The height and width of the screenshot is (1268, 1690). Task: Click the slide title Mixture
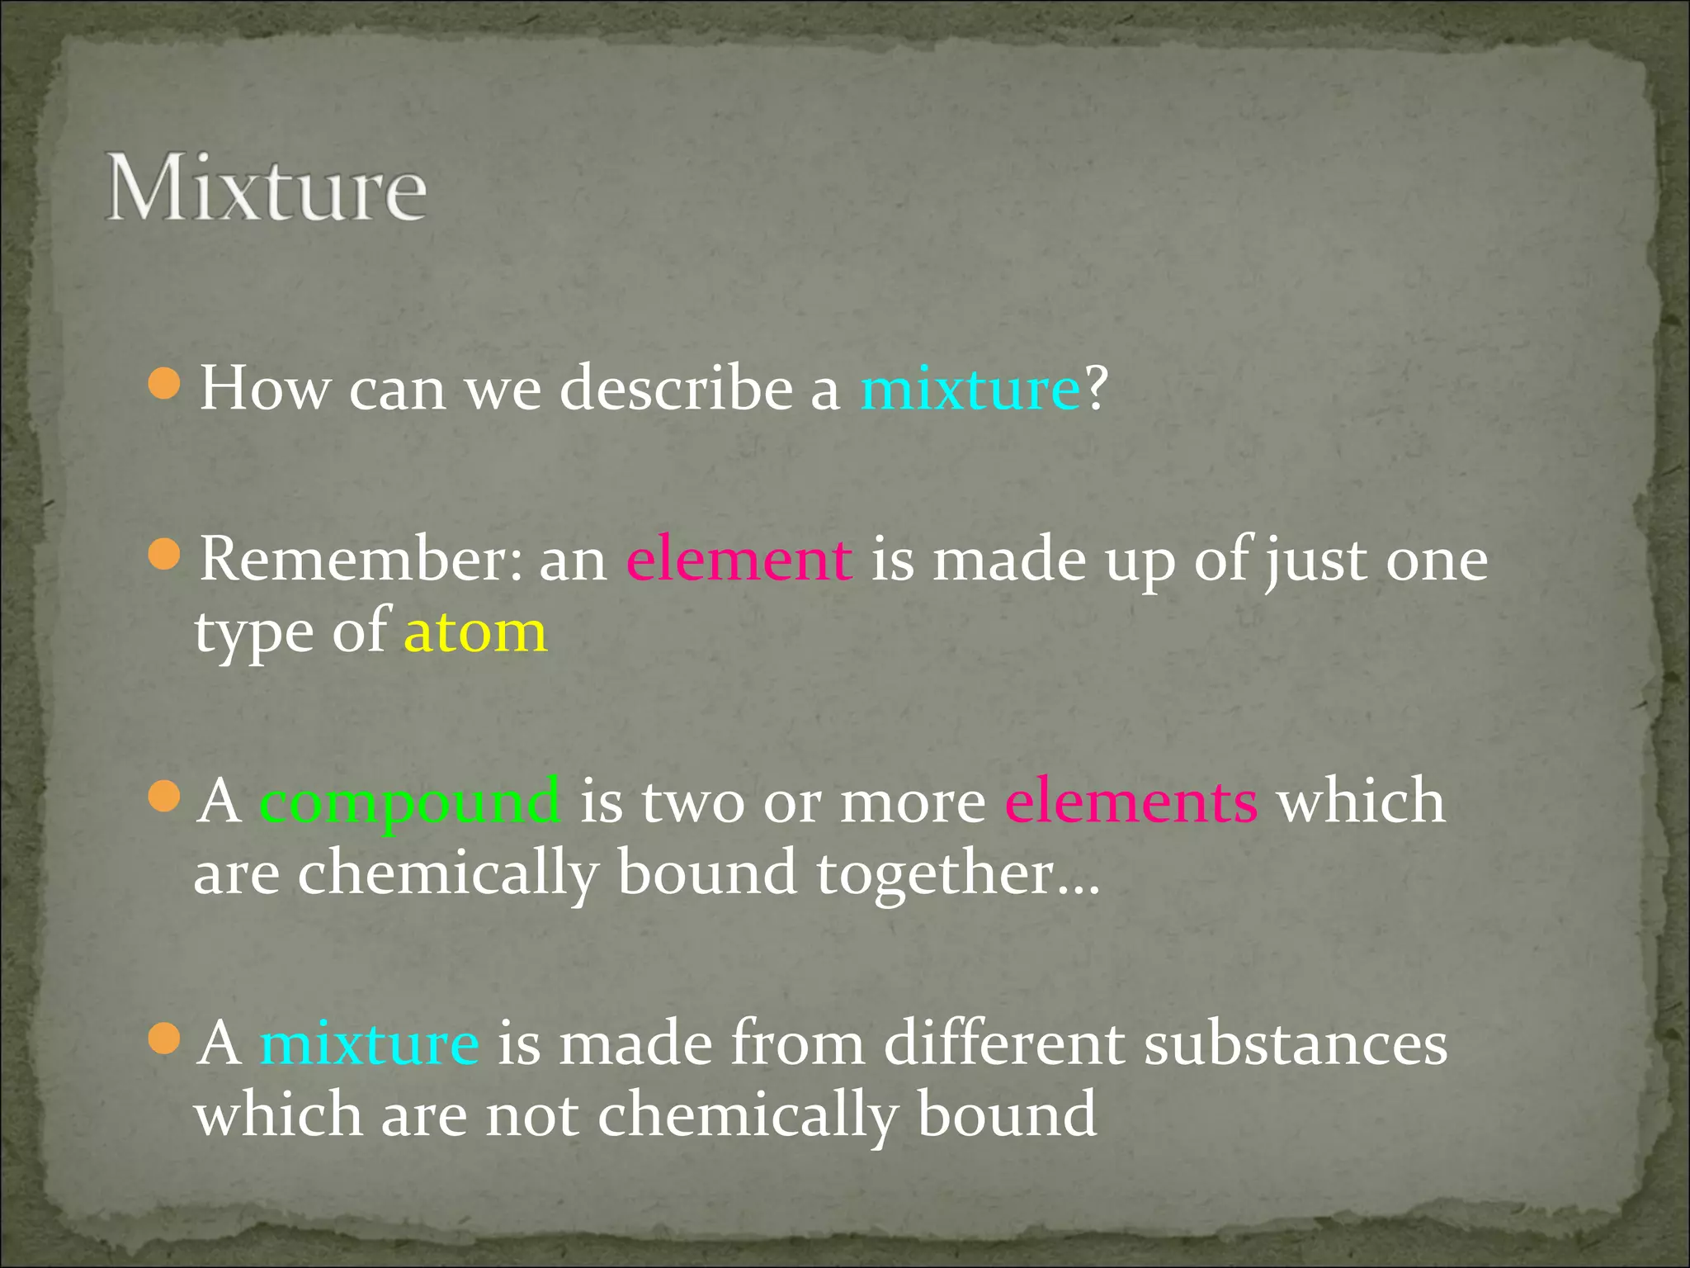266,188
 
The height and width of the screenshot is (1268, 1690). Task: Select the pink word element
739,560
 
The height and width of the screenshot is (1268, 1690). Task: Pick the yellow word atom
475,632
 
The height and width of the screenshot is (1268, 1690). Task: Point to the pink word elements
1131,801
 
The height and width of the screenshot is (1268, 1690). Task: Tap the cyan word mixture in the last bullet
369,1043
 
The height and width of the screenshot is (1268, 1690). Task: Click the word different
1003,1043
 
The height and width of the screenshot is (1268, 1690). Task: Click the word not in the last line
531,1115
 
